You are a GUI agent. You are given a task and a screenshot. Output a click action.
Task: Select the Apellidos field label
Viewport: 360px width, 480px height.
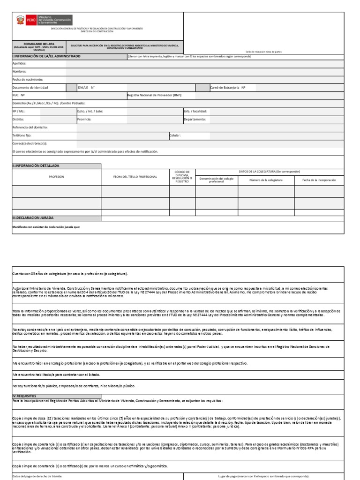point(19,63)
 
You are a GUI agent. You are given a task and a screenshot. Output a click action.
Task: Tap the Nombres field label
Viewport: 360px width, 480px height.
point(19,71)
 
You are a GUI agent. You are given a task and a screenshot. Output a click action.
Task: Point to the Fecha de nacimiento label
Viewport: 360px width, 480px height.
point(28,79)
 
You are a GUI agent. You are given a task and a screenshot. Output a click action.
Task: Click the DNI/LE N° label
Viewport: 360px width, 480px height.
point(86,88)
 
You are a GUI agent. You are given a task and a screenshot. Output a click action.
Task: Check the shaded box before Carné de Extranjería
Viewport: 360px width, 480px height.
point(202,88)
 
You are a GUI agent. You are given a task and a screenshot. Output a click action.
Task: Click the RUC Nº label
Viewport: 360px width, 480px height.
point(18,95)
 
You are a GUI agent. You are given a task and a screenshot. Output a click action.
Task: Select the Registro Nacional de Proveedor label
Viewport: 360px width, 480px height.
point(155,95)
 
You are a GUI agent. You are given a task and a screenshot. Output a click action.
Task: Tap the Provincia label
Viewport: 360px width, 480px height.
point(84,120)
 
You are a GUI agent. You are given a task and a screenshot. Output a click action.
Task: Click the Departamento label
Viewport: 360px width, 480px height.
point(195,120)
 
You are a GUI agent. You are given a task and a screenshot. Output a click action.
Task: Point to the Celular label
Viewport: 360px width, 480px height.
point(175,135)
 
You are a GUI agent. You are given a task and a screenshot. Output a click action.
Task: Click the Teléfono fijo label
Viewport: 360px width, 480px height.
point(22,135)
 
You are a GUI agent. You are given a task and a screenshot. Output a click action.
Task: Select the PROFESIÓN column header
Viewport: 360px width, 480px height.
point(56,177)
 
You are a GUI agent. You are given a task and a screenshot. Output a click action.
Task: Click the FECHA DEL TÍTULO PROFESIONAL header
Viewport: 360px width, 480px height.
point(135,177)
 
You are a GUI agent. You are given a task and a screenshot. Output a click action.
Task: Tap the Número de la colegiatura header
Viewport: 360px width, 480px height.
point(266,180)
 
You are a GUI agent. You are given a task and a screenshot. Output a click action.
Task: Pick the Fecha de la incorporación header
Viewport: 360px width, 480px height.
point(319,180)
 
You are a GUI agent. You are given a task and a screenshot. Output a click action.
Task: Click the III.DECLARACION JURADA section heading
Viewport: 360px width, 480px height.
point(33,218)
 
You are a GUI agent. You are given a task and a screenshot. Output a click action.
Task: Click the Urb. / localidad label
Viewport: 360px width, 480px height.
point(195,112)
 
